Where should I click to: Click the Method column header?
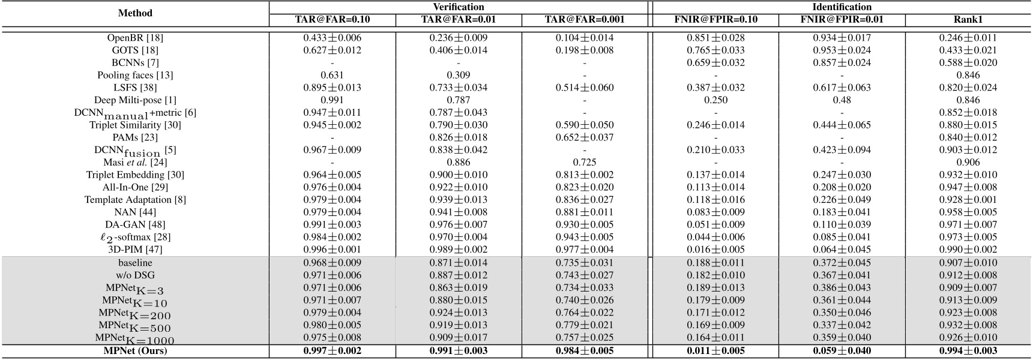135,13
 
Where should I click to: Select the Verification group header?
459,7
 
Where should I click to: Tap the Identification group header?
842,7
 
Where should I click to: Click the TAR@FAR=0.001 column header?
585,19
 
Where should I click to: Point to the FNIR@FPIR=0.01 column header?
842,19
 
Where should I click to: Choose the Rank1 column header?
968,19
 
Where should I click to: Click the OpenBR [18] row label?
135,38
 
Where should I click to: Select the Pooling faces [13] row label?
135,75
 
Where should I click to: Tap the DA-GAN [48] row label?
135,224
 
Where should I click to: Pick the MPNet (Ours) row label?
135,350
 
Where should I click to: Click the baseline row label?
135,263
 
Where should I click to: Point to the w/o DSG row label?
135,275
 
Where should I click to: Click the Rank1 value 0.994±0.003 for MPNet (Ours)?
968,350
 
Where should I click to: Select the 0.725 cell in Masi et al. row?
585,162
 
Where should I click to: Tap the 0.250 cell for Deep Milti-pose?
715,100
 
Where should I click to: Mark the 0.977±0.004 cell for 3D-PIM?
585,249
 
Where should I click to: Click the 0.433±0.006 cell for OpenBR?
333,38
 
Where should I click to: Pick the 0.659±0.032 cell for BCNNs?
715,62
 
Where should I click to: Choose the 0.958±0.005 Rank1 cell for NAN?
968,212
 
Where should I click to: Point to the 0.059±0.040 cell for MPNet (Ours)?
842,350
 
